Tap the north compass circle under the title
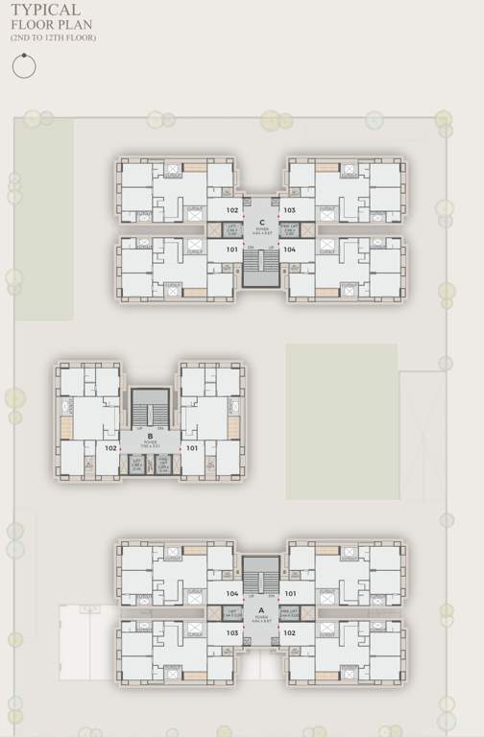(x=24, y=66)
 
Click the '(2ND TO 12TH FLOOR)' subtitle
(x=53, y=37)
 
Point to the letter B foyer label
(x=150, y=436)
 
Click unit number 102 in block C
(x=231, y=209)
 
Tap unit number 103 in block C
(x=290, y=209)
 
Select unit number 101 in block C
(x=231, y=249)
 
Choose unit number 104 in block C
(x=290, y=249)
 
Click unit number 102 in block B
(x=110, y=447)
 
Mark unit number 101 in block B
(x=191, y=447)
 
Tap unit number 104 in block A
(x=231, y=594)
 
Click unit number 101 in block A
(x=290, y=594)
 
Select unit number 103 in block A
(x=231, y=632)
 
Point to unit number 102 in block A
(x=290, y=632)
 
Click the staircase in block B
(x=150, y=407)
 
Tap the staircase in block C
(x=261, y=269)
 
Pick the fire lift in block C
(x=289, y=230)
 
